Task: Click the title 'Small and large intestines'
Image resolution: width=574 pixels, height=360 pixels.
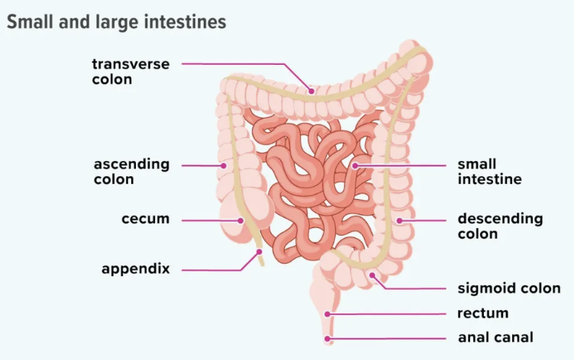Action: click(x=117, y=21)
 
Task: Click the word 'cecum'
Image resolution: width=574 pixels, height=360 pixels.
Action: click(x=145, y=220)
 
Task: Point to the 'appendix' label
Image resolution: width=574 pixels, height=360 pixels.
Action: click(x=135, y=269)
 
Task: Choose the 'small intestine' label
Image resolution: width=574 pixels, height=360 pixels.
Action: click(x=489, y=172)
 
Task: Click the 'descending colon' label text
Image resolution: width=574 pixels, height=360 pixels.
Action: click(x=500, y=227)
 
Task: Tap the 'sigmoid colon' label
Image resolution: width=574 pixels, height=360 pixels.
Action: click(x=508, y=289)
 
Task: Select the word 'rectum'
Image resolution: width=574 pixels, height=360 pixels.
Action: click(x=482, y=313)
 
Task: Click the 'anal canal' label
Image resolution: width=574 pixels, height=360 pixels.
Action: click(x=495, y=337)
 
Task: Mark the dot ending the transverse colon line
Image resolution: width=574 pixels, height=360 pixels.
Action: click(x=311, y=92)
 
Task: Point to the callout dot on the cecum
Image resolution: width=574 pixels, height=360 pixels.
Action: click(x=240, y=220)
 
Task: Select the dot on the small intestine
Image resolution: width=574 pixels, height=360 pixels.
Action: click(x=355, y=165)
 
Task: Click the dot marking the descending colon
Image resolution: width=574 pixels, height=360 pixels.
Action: click(x=398, y=220)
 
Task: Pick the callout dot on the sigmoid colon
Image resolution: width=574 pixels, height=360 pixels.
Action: click(x=372, y=275)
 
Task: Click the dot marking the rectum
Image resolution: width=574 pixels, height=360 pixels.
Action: click(x=327, y=313)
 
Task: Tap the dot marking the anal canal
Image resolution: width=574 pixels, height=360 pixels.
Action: click(x=327, y=337)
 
